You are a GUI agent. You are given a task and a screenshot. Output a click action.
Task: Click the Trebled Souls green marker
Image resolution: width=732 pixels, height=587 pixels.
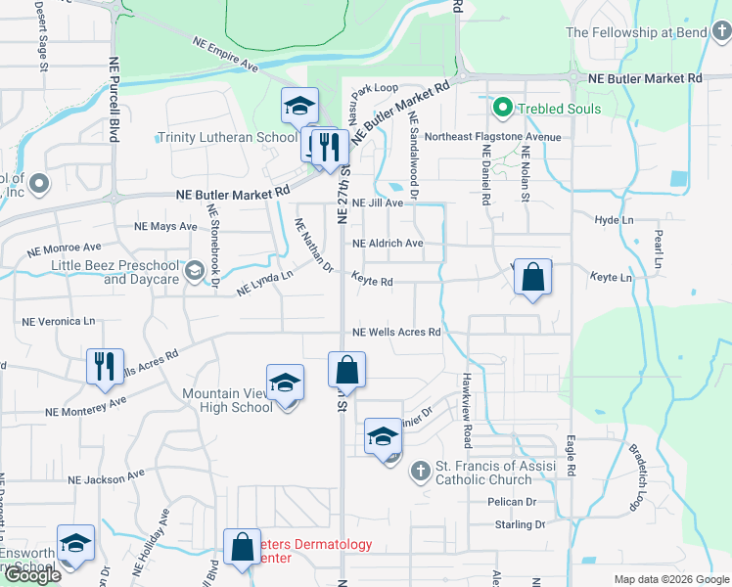click(x=503, y=108)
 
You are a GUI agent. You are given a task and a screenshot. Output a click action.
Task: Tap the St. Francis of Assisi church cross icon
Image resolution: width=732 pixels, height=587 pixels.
click(x=419, y=472)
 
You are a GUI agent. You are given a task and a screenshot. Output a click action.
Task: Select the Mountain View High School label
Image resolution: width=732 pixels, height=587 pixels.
click(x=227, y=400)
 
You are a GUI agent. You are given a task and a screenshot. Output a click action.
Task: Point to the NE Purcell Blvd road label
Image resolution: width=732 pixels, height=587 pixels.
click(x=114, y=98)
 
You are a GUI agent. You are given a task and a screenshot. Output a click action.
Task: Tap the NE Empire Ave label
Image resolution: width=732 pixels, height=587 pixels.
click(x=225, y=55)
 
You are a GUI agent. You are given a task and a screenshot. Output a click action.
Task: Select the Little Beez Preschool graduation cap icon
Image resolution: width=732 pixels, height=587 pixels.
click(x=194, y=269)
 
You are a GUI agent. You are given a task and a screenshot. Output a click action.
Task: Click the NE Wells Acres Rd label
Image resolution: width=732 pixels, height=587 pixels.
click(x=396, y=333)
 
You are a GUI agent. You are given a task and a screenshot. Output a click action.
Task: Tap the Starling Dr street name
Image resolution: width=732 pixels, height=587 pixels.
click(x=519, y=525)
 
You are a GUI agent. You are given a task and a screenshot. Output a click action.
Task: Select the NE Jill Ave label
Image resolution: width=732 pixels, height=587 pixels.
click(x=378, y=203)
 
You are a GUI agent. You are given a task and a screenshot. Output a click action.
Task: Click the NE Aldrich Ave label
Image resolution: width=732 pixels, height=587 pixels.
click(x=388, y=244)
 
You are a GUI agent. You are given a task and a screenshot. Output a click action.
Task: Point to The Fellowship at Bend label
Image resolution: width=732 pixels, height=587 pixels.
click(x=633, y=32)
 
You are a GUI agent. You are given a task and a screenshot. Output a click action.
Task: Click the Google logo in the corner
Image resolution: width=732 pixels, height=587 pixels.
click(x=31, y=575)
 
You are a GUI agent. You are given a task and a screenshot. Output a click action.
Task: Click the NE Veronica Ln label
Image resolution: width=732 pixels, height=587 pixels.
click(x=59, y=321)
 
